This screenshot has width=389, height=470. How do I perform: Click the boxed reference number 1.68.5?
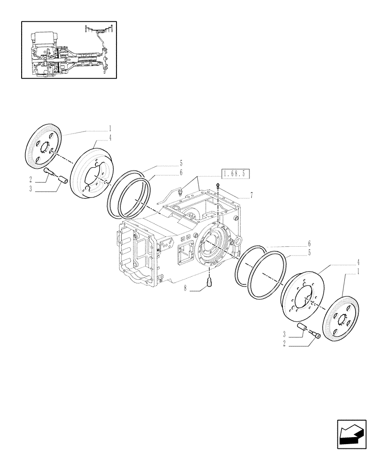click(x=236, y=174)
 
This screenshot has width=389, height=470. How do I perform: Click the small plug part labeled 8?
click(x=211, y=282)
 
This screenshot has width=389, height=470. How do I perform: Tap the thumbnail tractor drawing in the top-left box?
click(x=69, y=49)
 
